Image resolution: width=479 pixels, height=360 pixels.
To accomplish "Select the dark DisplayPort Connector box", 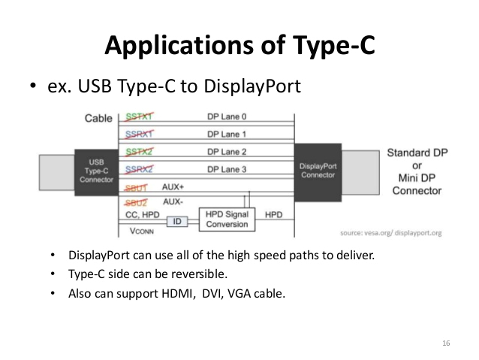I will click(317, 171).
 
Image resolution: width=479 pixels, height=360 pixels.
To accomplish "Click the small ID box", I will click(176, 222).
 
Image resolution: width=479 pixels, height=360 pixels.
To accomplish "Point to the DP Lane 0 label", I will click(227, 117).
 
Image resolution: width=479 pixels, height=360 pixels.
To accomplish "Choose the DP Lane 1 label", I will click(227, 134).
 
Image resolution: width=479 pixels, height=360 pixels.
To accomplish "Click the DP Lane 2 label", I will click(227, 152).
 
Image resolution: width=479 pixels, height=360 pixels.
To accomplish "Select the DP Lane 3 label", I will click(227, 169).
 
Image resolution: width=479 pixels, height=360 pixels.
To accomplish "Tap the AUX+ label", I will click(173, 186).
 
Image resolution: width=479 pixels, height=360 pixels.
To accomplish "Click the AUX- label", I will click(173, 202).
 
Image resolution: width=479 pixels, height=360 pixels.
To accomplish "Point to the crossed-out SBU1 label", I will click(137, 186).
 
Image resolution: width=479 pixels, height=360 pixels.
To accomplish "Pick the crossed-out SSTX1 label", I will click(138, 117).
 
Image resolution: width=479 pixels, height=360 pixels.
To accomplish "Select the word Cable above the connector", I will click(99, 118).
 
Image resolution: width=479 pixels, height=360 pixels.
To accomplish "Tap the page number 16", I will click(446, 343).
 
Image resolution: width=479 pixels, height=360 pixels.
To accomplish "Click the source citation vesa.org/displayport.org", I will click(391, 233).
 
